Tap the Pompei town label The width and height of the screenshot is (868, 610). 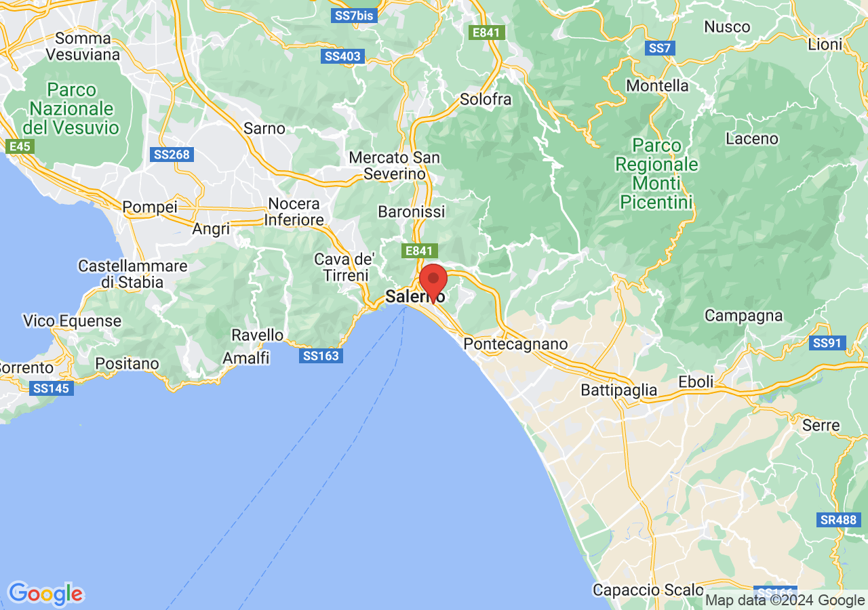150,207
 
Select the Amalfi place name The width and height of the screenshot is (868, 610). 246,357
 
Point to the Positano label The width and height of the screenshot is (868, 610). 127,364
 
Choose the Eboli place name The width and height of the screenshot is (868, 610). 696,382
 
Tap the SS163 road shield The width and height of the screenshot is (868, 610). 321,355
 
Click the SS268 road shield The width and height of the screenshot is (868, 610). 172,155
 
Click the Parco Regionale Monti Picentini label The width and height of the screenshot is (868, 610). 656,174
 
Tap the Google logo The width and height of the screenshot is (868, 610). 45,594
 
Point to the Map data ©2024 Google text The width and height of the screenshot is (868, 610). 784,600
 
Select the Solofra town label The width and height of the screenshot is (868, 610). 486,99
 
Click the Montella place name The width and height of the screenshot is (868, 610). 657,85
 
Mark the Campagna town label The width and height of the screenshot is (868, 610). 743,315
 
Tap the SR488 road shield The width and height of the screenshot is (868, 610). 839,520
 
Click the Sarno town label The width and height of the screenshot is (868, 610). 264,128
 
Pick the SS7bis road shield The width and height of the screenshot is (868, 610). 354,16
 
